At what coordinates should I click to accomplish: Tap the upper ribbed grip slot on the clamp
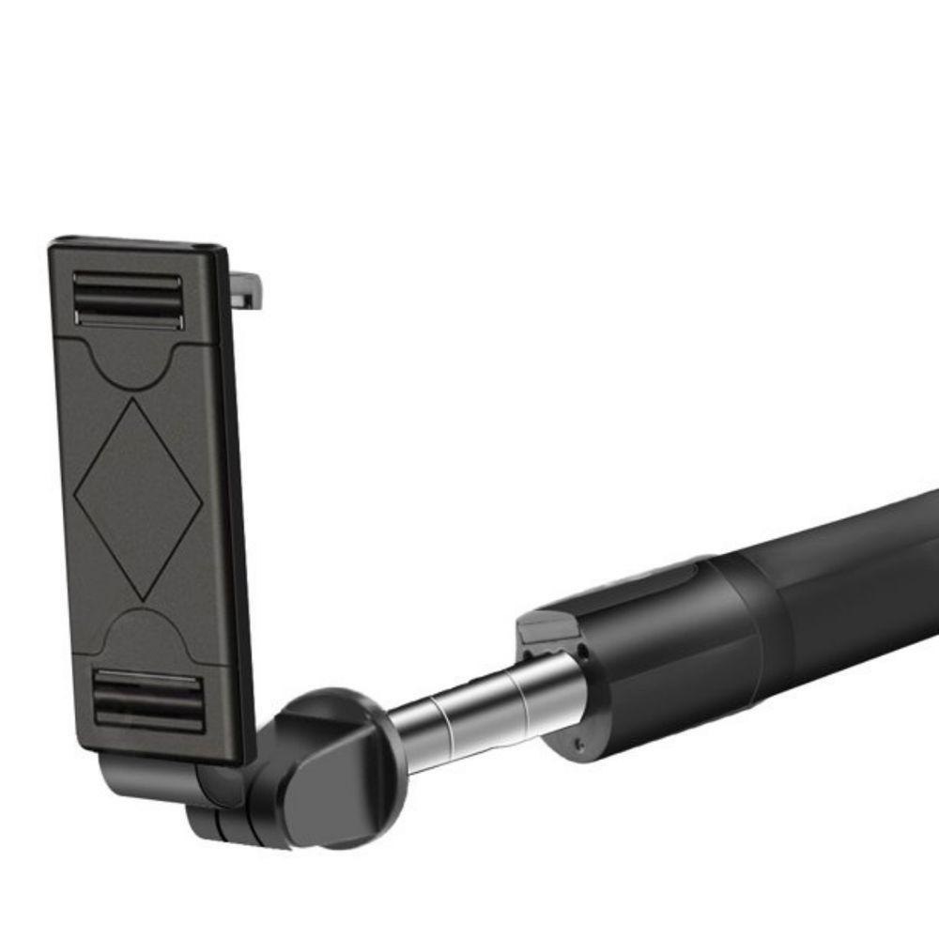pyautogui.click(x=128, y=299)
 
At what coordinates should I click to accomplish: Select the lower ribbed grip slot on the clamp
pyautogui.click(x=148, y=700)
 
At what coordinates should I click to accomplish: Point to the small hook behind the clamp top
pyautogui.click(x=248, y=285)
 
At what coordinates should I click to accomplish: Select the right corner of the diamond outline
pyautogui.click(x=202, y=495)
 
